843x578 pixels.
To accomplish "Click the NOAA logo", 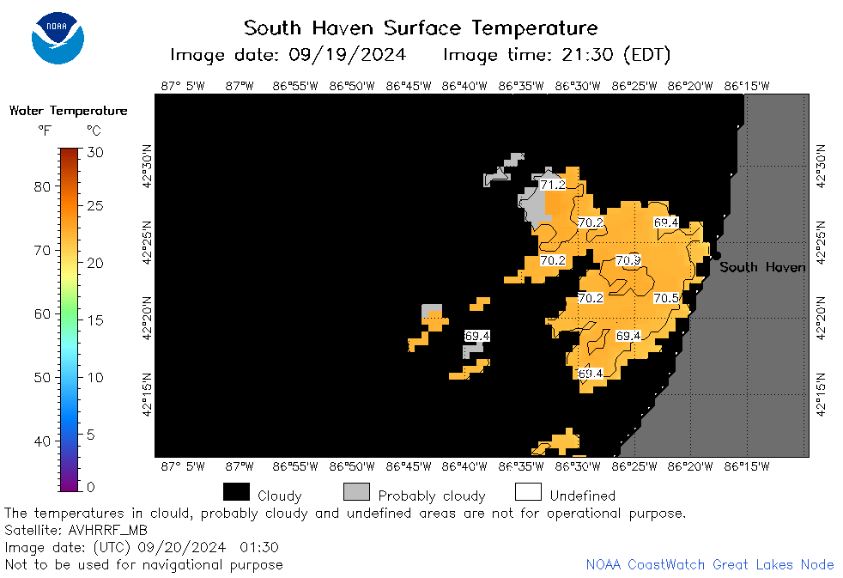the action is click(58, 38).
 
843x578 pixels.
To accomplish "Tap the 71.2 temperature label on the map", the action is click(553, 185).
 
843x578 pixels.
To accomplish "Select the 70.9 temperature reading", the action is click(628, 261).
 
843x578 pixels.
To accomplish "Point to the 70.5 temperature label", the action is click(666, 298).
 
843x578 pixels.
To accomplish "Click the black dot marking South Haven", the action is click(716, 256).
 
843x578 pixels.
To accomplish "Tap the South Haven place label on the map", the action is click(762, 267).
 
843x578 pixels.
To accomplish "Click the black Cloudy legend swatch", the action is click(237, 491).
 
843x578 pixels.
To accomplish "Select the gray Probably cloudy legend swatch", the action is click(356, 491).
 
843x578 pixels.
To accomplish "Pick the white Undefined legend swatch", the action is click(528, 491).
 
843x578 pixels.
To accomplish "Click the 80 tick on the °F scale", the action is click(42, 187).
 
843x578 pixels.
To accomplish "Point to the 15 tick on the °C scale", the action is click(95, 320).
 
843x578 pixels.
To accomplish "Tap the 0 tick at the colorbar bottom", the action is click(91, 487).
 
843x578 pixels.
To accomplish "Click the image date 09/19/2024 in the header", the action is click(348, 55).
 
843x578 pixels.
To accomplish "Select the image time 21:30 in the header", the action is click(587, 55).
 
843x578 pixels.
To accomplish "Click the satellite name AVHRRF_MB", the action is click(107, 531).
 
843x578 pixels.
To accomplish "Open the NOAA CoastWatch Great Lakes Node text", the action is click(710, 564).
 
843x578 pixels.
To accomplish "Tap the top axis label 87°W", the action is click(240, 86).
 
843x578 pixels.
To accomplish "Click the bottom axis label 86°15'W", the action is click(747, 466).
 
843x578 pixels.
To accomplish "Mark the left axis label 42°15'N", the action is click(147, 395).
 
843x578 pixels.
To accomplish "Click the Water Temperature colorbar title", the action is click(69, 111).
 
